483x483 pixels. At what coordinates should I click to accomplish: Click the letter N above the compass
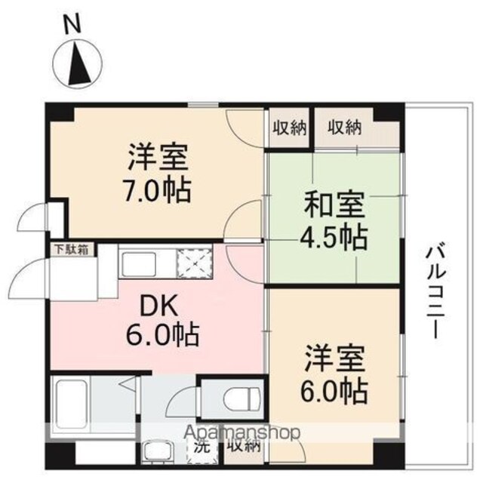point(72,24)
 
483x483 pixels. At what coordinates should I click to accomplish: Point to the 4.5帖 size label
point(334,238)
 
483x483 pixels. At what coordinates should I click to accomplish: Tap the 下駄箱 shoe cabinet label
point(72,250)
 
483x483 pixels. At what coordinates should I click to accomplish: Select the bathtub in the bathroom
point(72,404)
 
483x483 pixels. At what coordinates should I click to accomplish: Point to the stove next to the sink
point(194,263)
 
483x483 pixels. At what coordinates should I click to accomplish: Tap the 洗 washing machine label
point(202,447)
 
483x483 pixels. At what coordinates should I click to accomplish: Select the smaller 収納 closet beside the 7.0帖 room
point(288,128)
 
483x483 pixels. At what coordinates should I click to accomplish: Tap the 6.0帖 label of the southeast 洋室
point(334,391)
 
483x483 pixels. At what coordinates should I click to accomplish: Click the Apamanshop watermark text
point(241,432)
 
